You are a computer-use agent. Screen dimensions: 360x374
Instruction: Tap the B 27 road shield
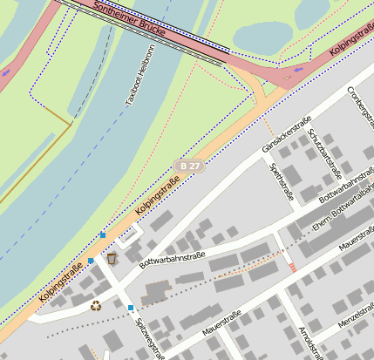click(x=189, y=166)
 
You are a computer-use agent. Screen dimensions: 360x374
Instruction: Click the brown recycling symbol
click(x=96, y=305)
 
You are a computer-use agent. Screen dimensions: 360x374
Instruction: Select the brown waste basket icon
click(x=112, y=258)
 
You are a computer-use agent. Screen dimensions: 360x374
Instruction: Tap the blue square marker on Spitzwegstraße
click(x=131, y=308)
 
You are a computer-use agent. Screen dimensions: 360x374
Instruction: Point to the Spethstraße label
click(x=281, y=181)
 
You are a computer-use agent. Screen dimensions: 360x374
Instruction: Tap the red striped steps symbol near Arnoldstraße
click(x=292, y=267)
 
